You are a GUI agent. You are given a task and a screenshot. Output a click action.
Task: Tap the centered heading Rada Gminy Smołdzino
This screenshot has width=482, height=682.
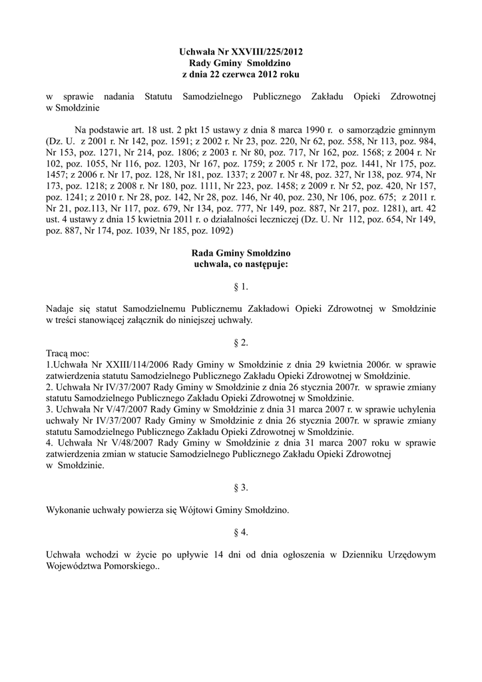coord(240,254)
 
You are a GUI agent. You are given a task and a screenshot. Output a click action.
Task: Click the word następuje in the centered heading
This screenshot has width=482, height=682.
coord(264,265)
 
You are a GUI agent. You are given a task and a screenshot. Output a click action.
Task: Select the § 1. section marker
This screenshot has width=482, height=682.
coord(240,287)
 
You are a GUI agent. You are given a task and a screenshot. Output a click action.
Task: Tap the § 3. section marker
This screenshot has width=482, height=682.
coord(240,488)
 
